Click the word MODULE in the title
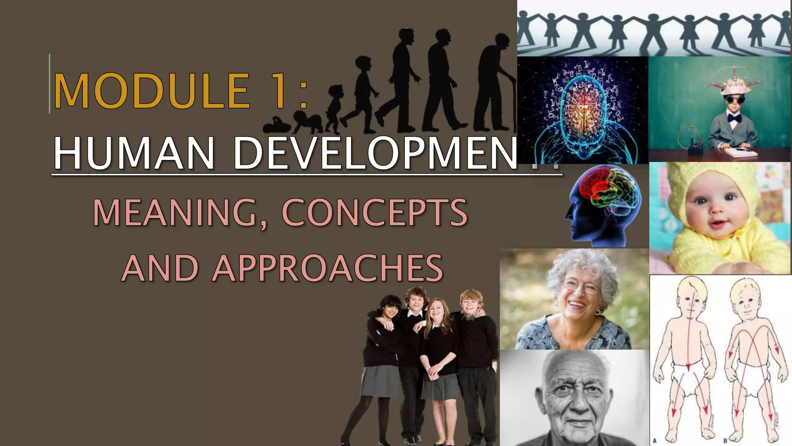coord(152,91)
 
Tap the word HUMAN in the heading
coord(133,153)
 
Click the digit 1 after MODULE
coord(279,91)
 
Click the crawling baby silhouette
coord(307,122)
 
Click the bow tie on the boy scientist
coord(733,117)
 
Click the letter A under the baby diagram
coord(655,441)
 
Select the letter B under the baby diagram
coord(725,441)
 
